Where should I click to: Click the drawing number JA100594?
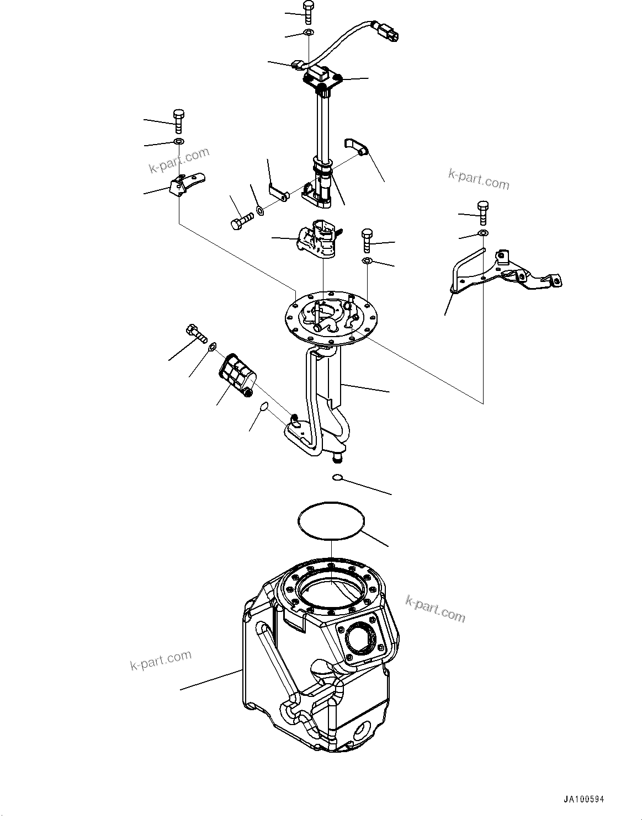point(587,799)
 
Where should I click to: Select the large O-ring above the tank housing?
point(331,520)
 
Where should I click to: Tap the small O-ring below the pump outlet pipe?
point(338,477)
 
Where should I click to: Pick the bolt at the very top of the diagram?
point(308,12)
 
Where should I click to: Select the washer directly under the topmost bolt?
point(309,33)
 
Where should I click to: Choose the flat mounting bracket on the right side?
point(505,273)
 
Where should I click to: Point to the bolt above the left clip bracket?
point(178,120)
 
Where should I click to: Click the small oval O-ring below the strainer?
point(264,407)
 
